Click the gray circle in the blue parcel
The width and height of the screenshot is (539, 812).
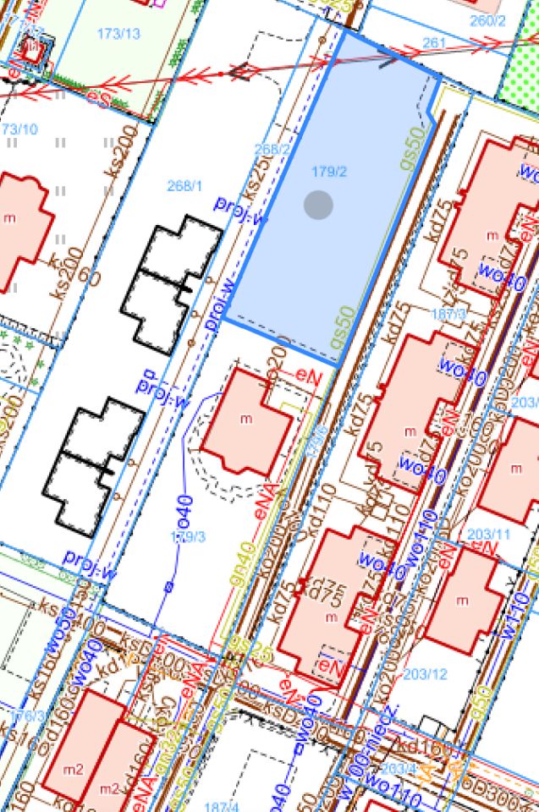[x=318, y=204]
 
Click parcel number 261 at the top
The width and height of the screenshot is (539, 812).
[x=432, y=43]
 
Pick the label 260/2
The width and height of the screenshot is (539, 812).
[x=487, y=21]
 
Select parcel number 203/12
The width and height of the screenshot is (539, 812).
[x=424, y=674]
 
